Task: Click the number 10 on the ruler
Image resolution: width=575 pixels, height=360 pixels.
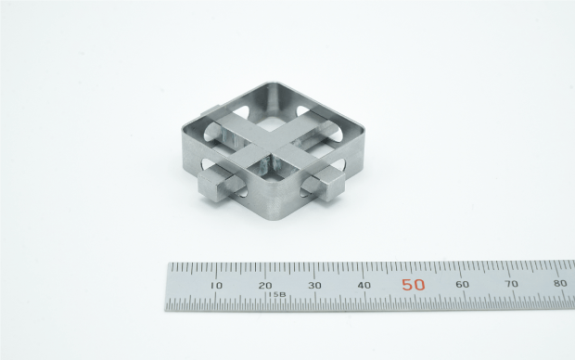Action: (216, 285)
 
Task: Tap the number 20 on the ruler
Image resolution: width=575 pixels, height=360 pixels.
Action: (265, 285)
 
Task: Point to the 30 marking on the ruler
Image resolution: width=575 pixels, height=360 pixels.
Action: (314, 285)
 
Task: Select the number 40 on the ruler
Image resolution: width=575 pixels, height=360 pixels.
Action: (364, 285)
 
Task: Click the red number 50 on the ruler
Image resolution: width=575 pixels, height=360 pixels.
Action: (414, 285)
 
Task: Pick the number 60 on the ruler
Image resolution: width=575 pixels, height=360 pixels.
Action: (462, 284)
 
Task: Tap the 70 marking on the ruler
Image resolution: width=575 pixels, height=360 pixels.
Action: (512, 283)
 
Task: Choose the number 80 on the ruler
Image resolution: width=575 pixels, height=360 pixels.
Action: (560, 283)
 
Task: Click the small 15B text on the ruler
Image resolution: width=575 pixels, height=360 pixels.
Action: (276, 295)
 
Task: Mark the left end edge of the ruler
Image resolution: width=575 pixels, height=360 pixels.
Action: (169, 287)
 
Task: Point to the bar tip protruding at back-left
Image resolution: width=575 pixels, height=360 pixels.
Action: (206, 118)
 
